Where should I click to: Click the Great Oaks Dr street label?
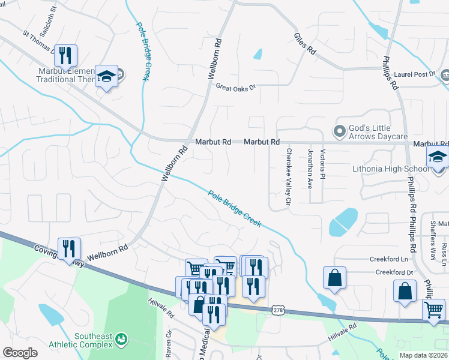[x=236, y=87]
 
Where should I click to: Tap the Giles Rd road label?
[x=304, y=44]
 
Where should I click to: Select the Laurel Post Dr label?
[x=415, y=74]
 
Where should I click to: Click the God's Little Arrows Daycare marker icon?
[x=340, y=130]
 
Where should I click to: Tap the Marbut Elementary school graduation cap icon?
[x=106, y=76]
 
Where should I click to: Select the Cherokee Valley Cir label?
[x=288, y=178]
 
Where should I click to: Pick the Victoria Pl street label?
[x=323, y=166]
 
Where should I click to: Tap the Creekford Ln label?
[x=397, y=259]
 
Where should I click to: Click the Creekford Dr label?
[x=395, y=272]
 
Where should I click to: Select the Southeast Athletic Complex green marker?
[x=121, y=340]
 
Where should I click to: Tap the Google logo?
[x=20, y=352]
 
